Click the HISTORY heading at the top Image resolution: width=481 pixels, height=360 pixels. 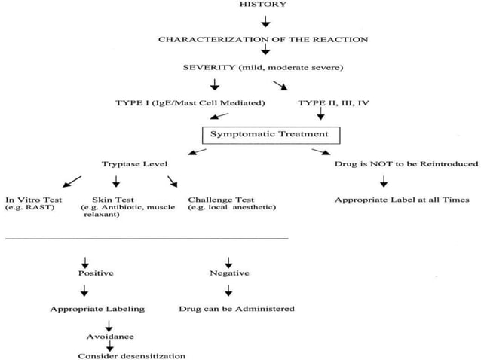263,5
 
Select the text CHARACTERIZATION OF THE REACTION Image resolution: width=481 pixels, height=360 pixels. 263,38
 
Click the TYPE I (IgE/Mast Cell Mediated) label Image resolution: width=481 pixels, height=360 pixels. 178,102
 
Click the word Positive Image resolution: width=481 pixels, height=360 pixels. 96,273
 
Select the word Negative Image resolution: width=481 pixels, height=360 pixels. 229,273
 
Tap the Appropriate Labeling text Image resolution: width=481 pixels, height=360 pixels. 97,309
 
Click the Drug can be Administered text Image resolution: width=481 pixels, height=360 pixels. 237,309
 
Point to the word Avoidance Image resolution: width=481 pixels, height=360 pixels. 109,337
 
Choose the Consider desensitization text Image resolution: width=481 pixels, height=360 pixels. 131,355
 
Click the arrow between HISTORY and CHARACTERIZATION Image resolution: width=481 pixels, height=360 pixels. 265,21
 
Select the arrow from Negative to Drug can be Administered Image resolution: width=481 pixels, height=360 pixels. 229,291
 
